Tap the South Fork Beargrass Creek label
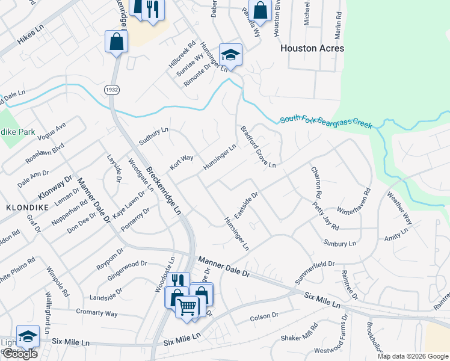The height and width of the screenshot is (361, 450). (326, 123)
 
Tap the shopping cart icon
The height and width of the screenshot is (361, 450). (187, 307)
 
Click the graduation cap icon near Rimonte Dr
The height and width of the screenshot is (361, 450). (230, 55)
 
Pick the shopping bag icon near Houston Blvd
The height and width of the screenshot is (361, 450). (260, 10)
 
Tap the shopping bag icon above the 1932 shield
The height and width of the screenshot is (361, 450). (116, 42)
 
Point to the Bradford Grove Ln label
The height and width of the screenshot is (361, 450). (258, 147)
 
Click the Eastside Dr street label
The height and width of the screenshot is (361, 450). (246, 206)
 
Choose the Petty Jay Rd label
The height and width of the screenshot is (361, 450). (325, 215)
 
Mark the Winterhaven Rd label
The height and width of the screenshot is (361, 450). (354, 203)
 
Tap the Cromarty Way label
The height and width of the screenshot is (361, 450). (97, 313)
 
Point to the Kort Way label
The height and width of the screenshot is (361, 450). (180, 162)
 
